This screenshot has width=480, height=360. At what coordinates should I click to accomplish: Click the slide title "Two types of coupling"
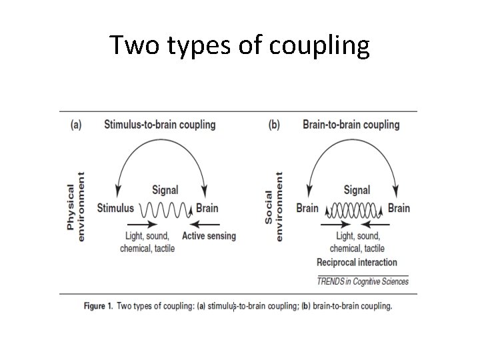pyautogui.click(x=239, y=45)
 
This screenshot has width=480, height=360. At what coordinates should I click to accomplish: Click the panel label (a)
pyautogui.click(x=76, y=125)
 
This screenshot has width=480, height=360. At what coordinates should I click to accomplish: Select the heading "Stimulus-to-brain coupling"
pyautogui.click(x=160, y=125)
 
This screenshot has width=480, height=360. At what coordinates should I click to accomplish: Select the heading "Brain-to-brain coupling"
pyautogui.click(x=351, y=125)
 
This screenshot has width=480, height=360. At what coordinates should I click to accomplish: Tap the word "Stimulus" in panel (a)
pyautogui.click(x=115, y=208)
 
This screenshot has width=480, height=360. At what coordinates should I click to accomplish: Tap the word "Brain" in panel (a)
pyautogui.click(x=207, y=208)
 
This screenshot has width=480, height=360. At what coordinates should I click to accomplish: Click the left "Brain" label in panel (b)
pyautogui.click(x=307, y=208)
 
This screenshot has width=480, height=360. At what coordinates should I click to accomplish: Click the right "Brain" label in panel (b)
pyautogui.click(x=399, y=208)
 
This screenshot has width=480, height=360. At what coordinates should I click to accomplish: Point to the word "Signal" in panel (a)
pyautogui.click(x=165, y=190)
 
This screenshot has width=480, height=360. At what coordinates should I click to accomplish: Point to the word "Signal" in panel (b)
pyautogui.click(x=357, y=190)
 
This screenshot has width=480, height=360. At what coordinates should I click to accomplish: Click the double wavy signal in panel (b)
pyautogui.click(x=353, y=209)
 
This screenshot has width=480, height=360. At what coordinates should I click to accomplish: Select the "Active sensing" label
pyautogui.click(x=209, y=236)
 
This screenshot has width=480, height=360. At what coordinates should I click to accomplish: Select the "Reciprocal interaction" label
pyautogui.click(x=357, y=262)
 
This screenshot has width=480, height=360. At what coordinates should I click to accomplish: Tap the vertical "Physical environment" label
pyautogui.click(x=75, y=201)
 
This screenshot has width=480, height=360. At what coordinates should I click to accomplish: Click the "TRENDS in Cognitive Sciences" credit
pyautogui.click(x=363, y=281)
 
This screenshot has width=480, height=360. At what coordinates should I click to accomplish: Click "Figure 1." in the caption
pyautogui.click(x=98, y=307)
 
